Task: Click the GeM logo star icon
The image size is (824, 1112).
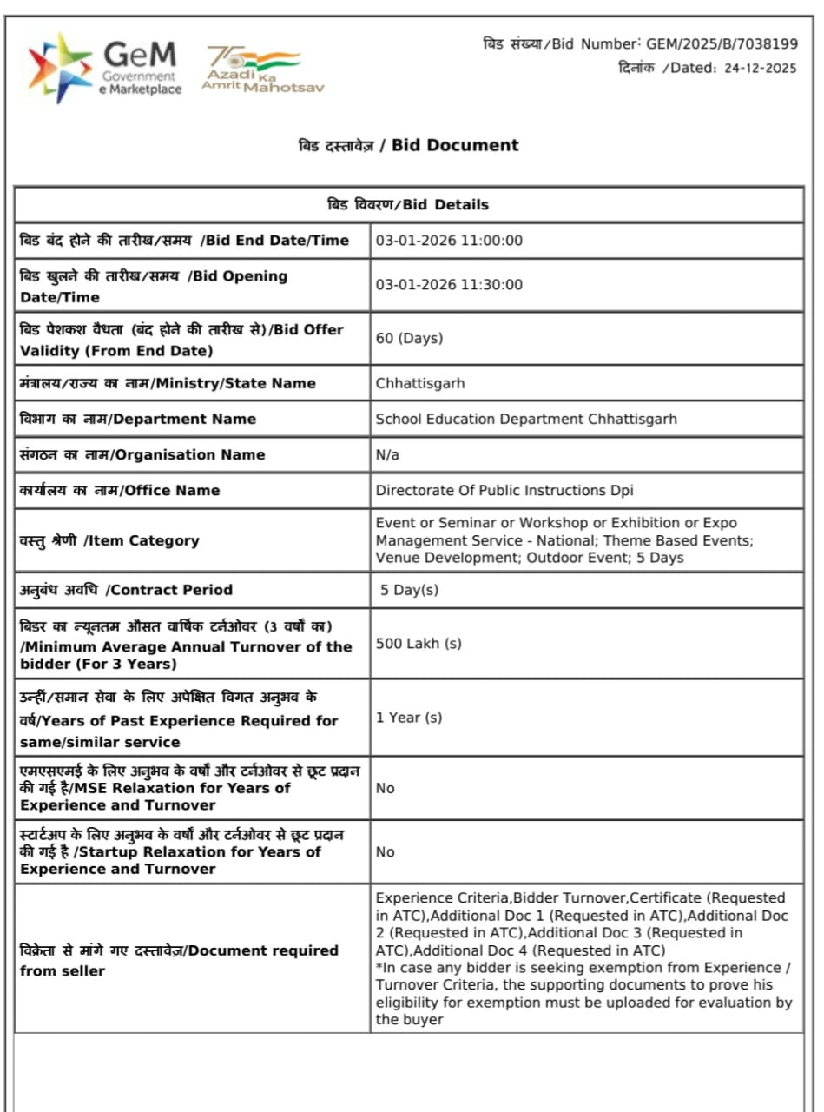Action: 59,68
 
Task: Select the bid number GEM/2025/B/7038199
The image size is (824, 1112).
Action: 722,43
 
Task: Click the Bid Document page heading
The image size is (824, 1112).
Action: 408,145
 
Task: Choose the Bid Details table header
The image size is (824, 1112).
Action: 408,205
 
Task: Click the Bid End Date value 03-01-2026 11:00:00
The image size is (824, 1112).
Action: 449,241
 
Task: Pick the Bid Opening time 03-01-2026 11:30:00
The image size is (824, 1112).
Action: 449,285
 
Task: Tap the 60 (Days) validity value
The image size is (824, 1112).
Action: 409,338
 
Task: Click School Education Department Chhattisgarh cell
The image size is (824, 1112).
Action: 526,419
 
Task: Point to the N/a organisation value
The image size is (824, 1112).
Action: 387,454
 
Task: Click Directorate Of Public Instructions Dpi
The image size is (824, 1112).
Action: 504,490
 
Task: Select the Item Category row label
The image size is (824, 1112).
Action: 109,540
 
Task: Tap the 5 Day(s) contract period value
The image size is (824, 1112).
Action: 409,590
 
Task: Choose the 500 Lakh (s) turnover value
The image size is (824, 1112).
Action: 419,644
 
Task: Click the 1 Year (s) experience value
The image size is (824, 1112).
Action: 409,718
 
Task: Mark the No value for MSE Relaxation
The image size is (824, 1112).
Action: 385,788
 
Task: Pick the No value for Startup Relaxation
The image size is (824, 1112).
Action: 385,852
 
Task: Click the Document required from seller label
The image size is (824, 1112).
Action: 179,960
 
